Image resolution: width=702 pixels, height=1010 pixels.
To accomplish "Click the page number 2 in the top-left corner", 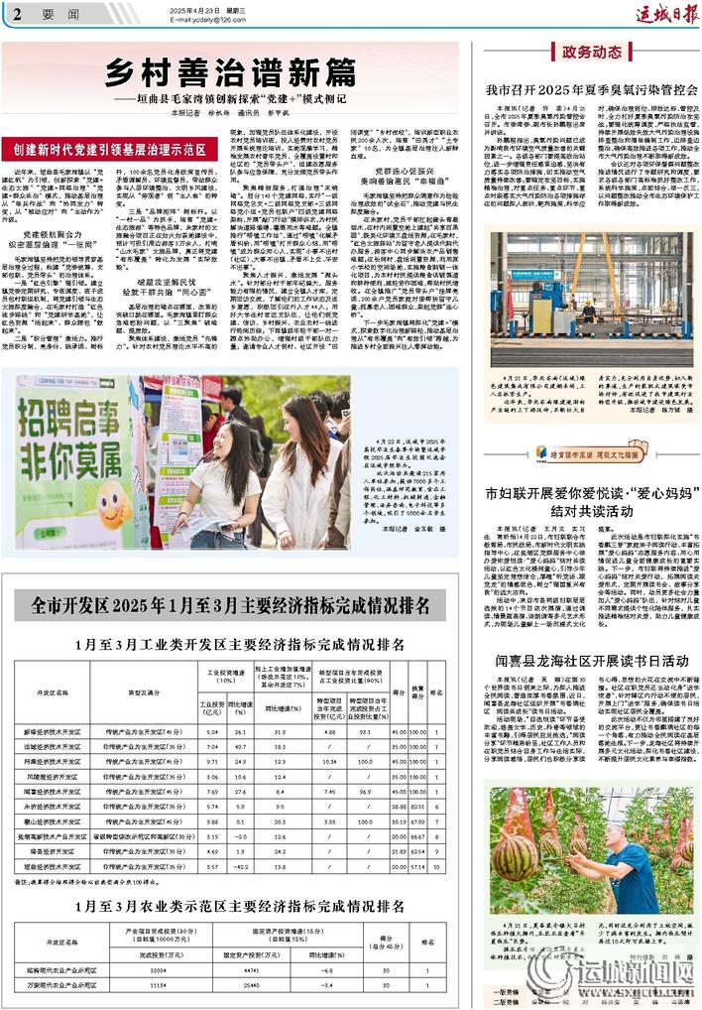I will coord(18,13).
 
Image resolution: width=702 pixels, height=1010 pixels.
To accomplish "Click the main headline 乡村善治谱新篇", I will coord(230,70).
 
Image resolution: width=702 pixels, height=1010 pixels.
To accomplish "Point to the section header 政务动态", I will coord(592,52).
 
